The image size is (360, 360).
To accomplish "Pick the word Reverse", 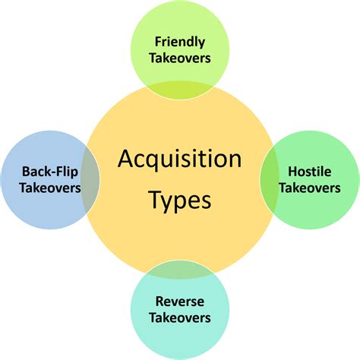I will tap(180, 301).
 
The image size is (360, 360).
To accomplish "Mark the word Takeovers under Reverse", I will tap(180, 317).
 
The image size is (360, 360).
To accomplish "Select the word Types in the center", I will tap(180, 201).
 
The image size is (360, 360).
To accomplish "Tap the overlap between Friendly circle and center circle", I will tap(180, 90).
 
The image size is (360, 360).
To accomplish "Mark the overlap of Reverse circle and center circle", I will tap(180, 268).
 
